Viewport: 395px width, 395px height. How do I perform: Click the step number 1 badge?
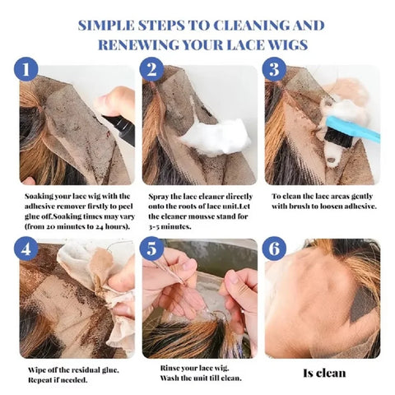(28, 70)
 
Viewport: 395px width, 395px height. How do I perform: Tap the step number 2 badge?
(151, 70)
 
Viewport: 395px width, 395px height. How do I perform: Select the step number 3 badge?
(275, 70)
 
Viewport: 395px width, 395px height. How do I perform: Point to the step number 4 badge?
(28, 249)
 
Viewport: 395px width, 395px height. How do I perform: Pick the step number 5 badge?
(151, 249)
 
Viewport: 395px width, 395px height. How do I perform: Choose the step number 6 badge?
(275, 249)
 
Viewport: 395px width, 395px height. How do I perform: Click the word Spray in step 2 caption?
(159, 197)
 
